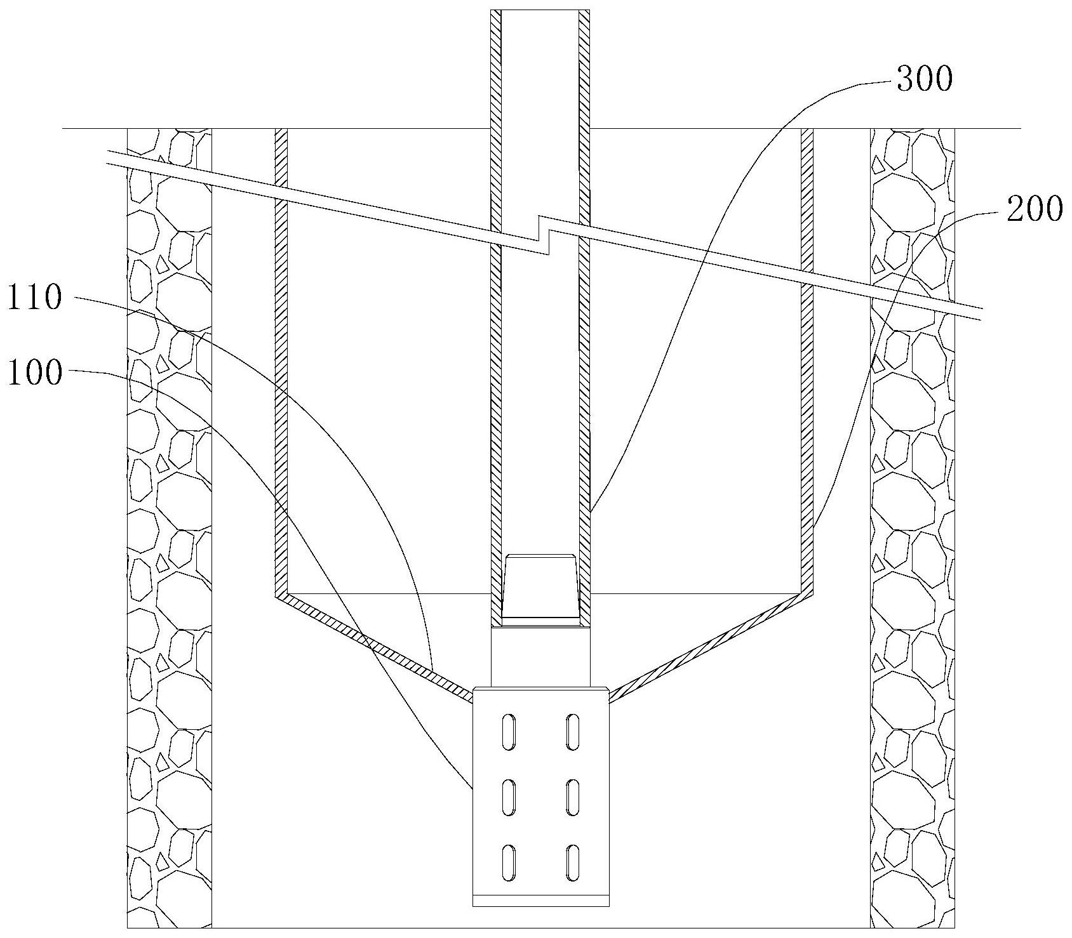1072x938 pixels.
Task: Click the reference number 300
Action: click(924, 80)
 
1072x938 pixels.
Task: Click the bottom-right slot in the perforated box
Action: click(573, 862)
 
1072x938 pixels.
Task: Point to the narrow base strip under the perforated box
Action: click(541, 900)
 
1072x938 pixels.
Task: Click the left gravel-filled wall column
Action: click(169, 527)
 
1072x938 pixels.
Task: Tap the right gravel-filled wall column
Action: click(913, 527)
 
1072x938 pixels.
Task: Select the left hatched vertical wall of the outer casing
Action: click(281, 362)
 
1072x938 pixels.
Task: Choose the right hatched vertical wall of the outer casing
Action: click(807, 362)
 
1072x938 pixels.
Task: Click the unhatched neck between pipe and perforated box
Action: click(541, 656)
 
